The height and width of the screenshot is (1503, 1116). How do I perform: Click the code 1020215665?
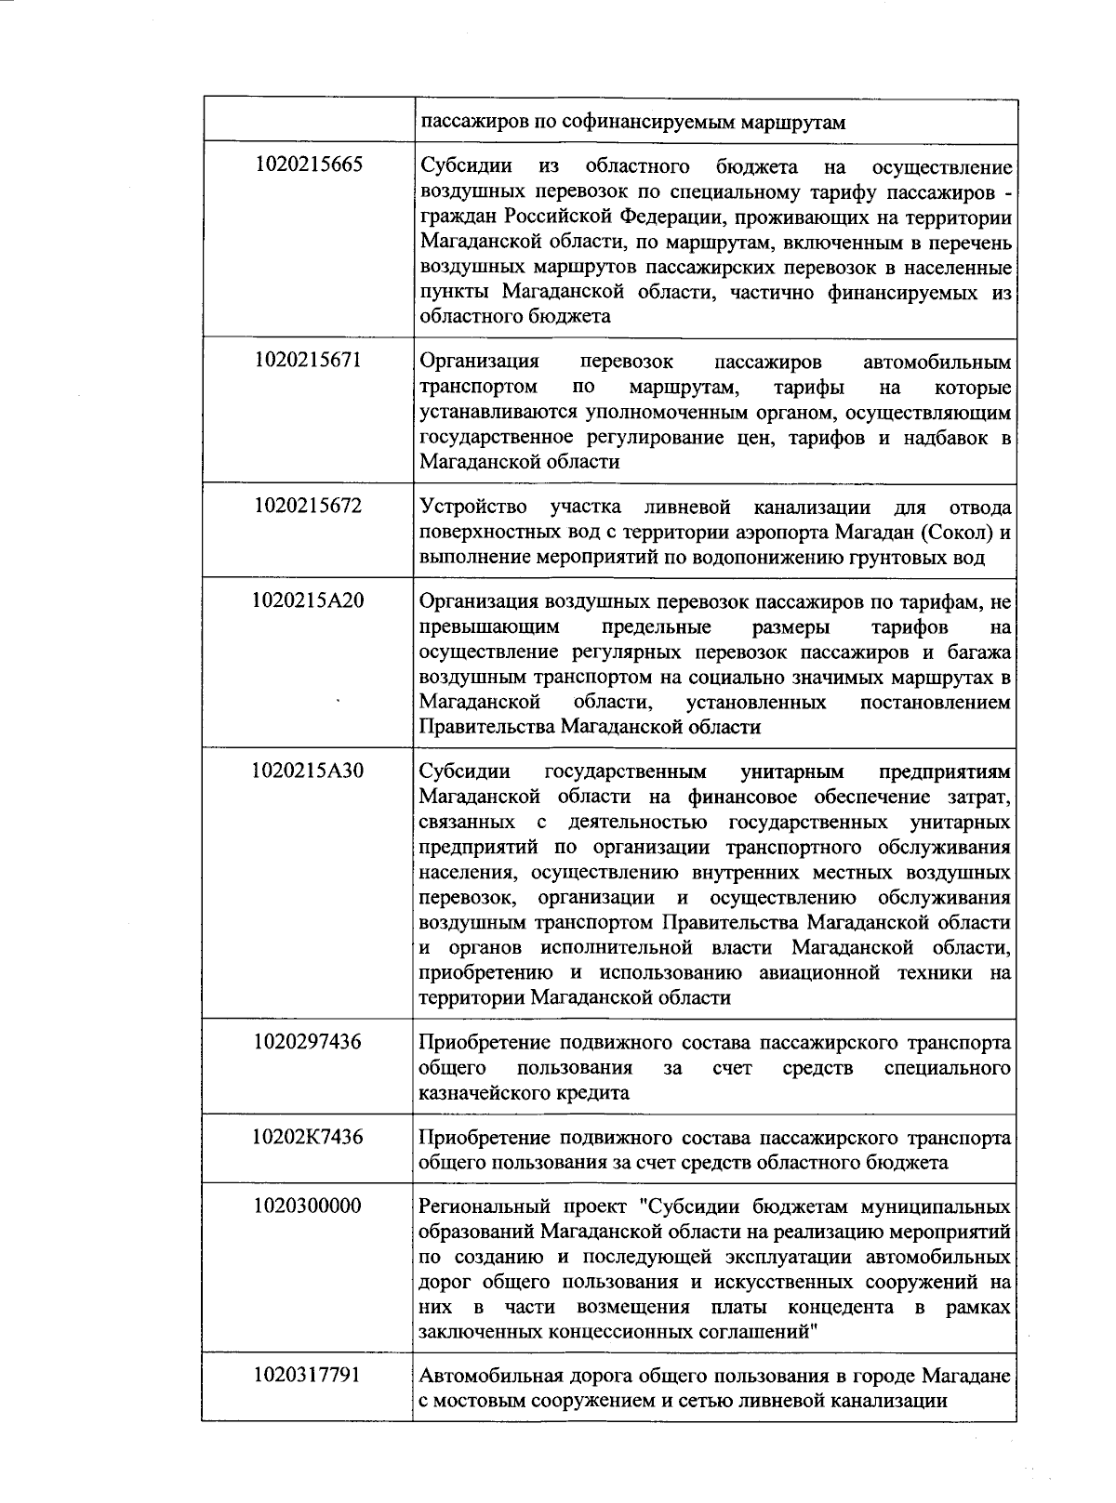pyautogui.click(x=308, y=165)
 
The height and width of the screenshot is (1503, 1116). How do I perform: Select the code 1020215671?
pyautogui.click(x=308, y=361)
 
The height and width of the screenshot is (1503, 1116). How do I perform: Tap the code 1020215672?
pyautogui.click(x=308, y=507)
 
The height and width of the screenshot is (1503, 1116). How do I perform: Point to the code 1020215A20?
pyautogui.click(x=308, y=600)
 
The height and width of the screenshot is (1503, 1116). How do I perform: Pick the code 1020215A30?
pyautogui.click(x=308, y=771)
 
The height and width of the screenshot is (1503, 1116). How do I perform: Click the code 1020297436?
pyautogui.click(x=308, y=1042)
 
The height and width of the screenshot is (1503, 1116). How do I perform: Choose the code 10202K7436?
pyautogui.click(x=308, y=1137)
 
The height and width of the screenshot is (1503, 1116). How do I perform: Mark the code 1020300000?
pyautogui.click(x=308, y=1206)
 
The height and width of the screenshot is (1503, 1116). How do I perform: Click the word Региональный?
pyautogui.click(x=480, y=1207)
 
